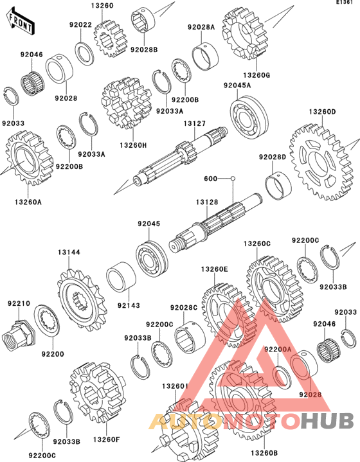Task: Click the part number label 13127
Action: [194, 123]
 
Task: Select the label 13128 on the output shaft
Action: [207, 202]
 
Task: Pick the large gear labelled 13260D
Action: [322, 161]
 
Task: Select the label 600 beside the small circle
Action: [210, 179]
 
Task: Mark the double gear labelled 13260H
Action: [126, 103]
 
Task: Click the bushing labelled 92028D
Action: [278, 186]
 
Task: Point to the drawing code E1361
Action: [345, 3]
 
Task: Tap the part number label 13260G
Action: [256, 75]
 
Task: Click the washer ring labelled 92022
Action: [85, 53]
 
